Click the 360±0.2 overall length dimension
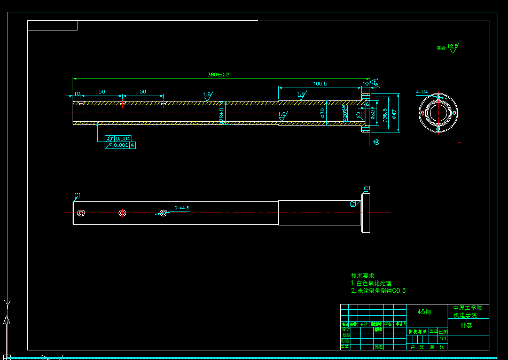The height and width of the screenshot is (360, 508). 218,75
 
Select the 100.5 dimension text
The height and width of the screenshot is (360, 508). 320,84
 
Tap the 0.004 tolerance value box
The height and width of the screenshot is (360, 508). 123,139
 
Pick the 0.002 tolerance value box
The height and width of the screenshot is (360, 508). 121,145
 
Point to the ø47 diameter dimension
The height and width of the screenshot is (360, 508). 394,114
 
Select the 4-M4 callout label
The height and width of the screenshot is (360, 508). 422,92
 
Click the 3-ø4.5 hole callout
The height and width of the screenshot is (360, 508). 182,208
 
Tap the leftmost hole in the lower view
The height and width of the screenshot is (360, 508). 81,213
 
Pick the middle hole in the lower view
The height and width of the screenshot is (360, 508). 122,213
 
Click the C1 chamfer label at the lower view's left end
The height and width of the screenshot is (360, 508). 77,195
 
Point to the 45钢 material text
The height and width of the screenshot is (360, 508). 424,312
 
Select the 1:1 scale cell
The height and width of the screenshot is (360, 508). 443,339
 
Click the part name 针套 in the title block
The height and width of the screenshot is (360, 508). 466,325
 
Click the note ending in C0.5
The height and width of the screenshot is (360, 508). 378,291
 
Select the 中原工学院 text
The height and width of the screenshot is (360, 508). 467,308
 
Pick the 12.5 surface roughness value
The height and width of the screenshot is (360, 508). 452,47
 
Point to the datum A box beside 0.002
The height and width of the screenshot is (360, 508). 132,145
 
